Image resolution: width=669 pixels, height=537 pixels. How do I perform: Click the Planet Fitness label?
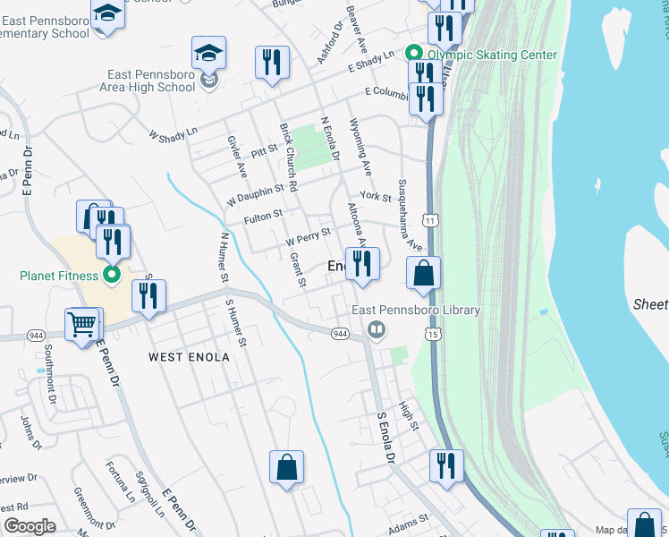58,276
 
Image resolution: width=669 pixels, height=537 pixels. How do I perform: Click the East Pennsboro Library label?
416,311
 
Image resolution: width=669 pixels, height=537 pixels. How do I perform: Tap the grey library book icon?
377,331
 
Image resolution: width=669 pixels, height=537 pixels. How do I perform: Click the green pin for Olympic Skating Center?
414,54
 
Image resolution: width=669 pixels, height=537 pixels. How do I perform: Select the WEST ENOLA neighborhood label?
189,357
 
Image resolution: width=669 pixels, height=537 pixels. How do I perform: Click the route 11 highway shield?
433,219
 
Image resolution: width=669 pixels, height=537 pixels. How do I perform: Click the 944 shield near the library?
340,334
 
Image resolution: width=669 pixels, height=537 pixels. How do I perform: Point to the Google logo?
30,526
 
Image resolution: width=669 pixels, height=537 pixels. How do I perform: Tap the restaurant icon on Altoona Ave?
362,263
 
